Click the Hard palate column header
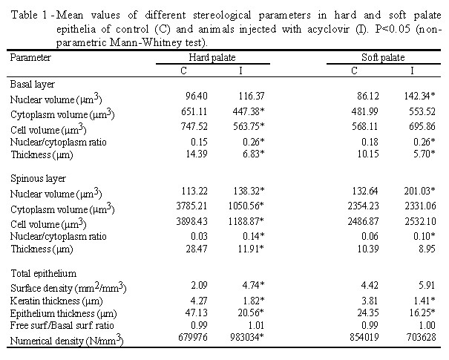[x=212, y=58]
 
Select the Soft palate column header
[x=383, y=58]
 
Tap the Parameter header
[x=30, y=58]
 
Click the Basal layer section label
[x=33, y=84]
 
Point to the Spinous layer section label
[x=38, y=179]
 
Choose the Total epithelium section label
[x=44, y=273]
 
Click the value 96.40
[x=196, y=96]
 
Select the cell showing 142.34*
[x=419, y=96]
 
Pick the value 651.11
[x=194, y=111]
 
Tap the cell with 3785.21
[x=191, y=206]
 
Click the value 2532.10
[x=420, y=221]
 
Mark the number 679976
[x=193, y=337]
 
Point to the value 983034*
[x=247, y=337]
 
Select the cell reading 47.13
[x=196, y=312]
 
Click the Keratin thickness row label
[x=56, y=301]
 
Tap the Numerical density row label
[x=67, y=340]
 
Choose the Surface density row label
[x=68, y=287]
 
